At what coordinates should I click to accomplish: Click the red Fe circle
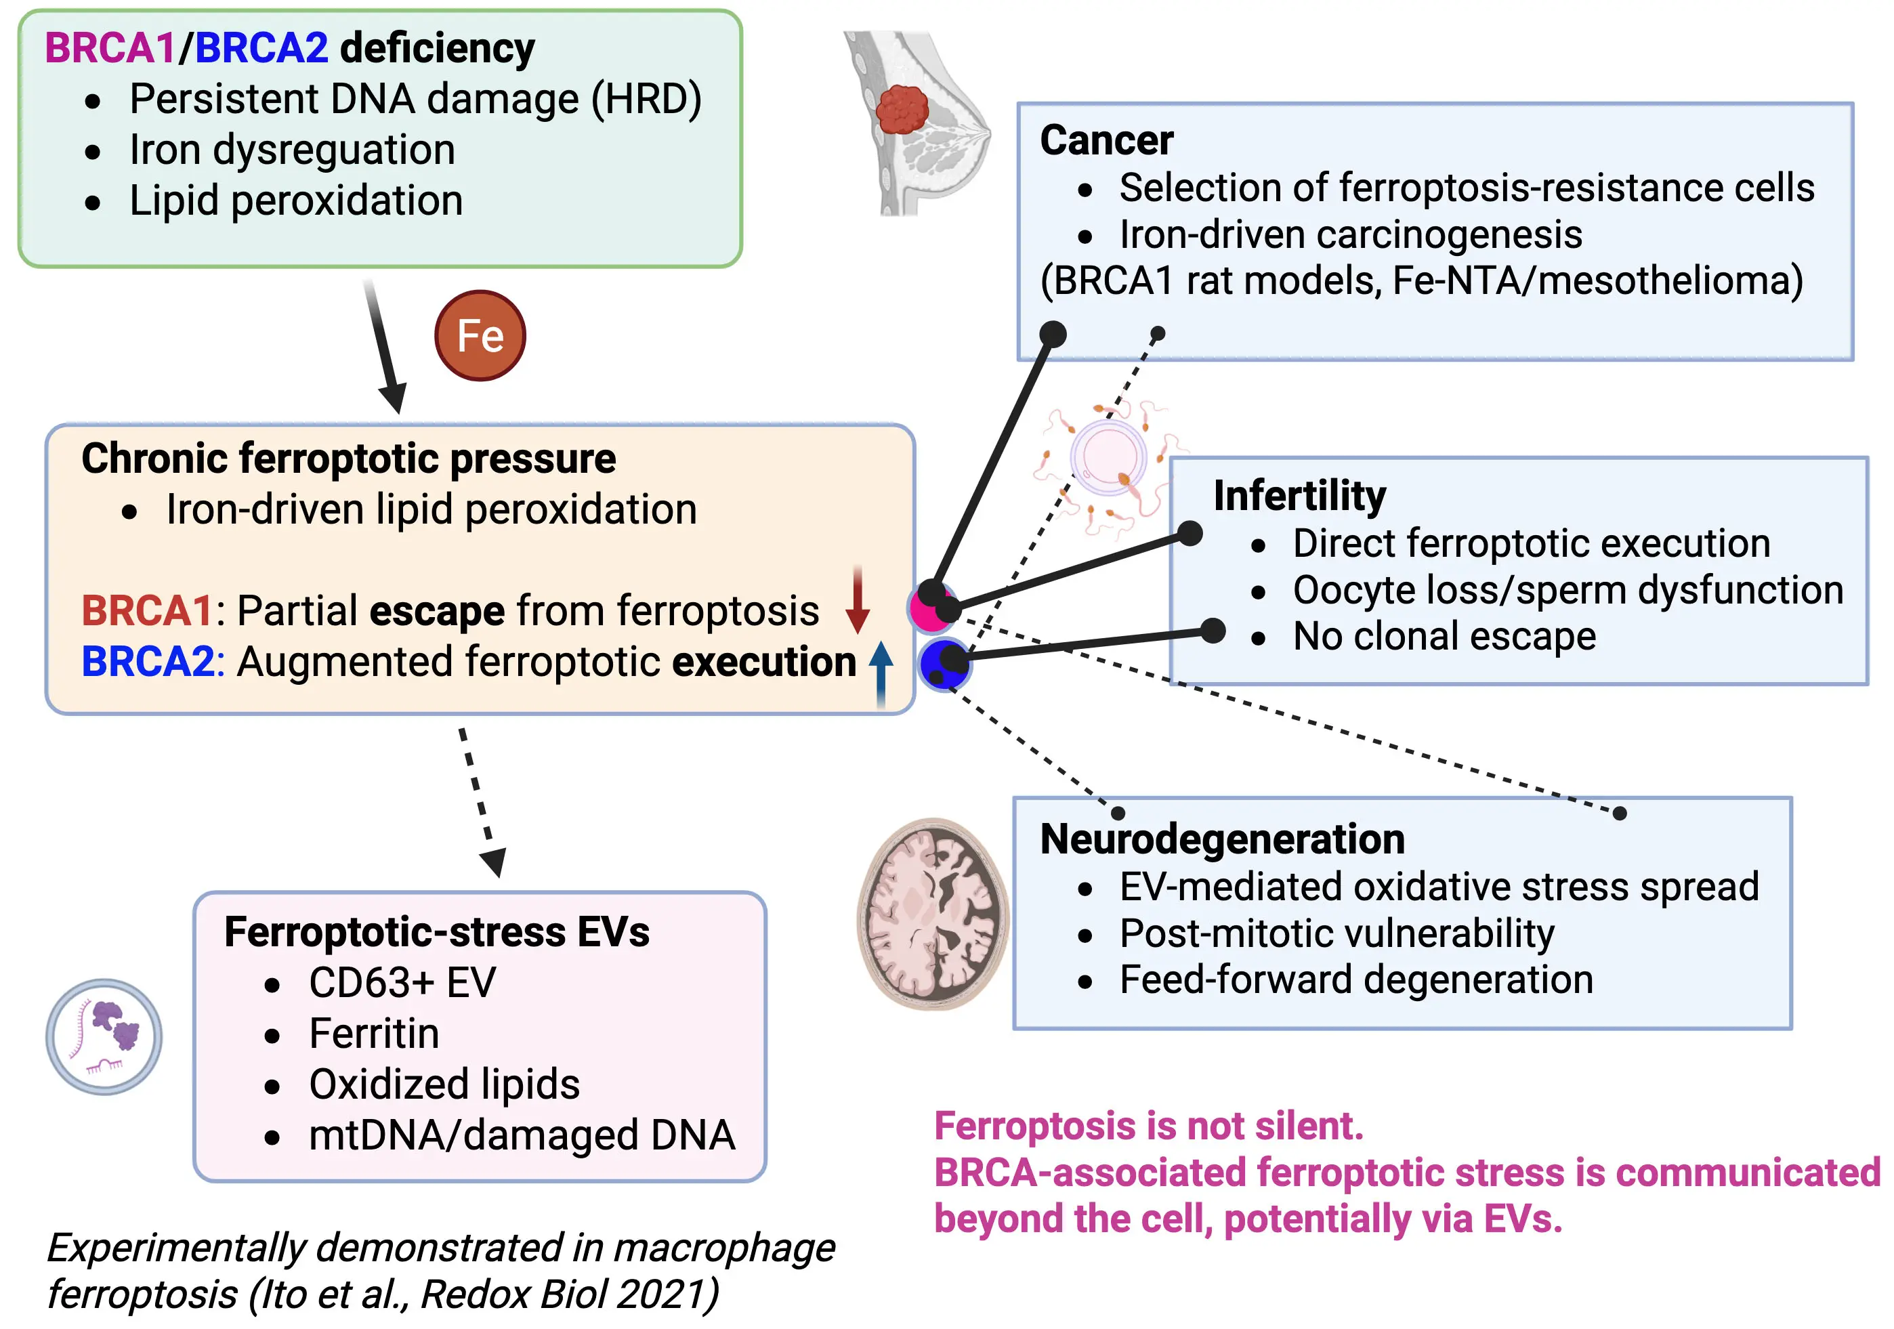[x=480, y=336]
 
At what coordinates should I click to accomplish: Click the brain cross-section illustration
[x=933, y=914]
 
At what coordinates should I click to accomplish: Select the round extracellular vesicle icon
[x=104, y=1037]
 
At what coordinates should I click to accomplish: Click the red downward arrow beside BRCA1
[x=858, y=599]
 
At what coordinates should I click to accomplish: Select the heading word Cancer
[x=1106, y=140]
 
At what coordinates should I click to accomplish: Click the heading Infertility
[x=1299, y=496]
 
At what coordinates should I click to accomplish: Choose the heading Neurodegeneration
[x=1223, y=839]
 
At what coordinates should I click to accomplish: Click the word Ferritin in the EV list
[x=374, y=1034]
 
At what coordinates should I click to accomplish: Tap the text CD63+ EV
[x=402, y=982]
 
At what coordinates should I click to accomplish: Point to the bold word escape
[x=437, y=611]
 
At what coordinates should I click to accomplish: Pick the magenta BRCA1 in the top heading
[x=110, y=48]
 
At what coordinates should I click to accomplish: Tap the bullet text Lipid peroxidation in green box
[x=296, y=201]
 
